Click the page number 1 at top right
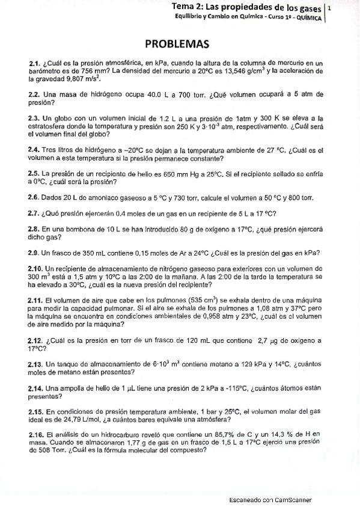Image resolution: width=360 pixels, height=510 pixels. pos(330,10)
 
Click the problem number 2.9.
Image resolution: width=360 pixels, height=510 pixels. pos(34,253)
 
